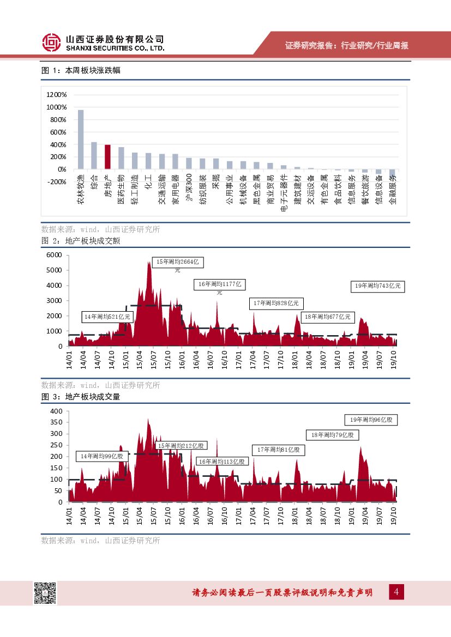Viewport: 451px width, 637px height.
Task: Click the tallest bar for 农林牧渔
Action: point(81,139)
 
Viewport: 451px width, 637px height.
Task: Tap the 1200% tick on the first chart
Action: point(57,94)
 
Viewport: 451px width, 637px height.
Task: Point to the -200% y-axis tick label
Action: point(57,182)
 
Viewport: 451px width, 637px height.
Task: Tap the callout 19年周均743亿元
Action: point(377,286)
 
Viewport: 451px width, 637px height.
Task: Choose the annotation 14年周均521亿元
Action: point(107,317)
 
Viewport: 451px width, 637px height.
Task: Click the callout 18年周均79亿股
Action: point(332,435)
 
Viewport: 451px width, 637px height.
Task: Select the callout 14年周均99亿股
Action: point(101,456)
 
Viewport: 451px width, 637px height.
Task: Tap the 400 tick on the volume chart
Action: point(57,411)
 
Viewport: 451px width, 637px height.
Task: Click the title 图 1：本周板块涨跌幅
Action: point(81,71)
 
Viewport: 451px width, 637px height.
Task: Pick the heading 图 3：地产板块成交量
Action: point(81,397)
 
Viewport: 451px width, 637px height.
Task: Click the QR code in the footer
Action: point(45,593)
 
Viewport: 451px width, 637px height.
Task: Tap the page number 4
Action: point(397,592)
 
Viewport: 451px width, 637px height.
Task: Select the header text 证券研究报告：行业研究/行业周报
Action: point(347,46)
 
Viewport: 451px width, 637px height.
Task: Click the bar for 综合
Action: point(94,155)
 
